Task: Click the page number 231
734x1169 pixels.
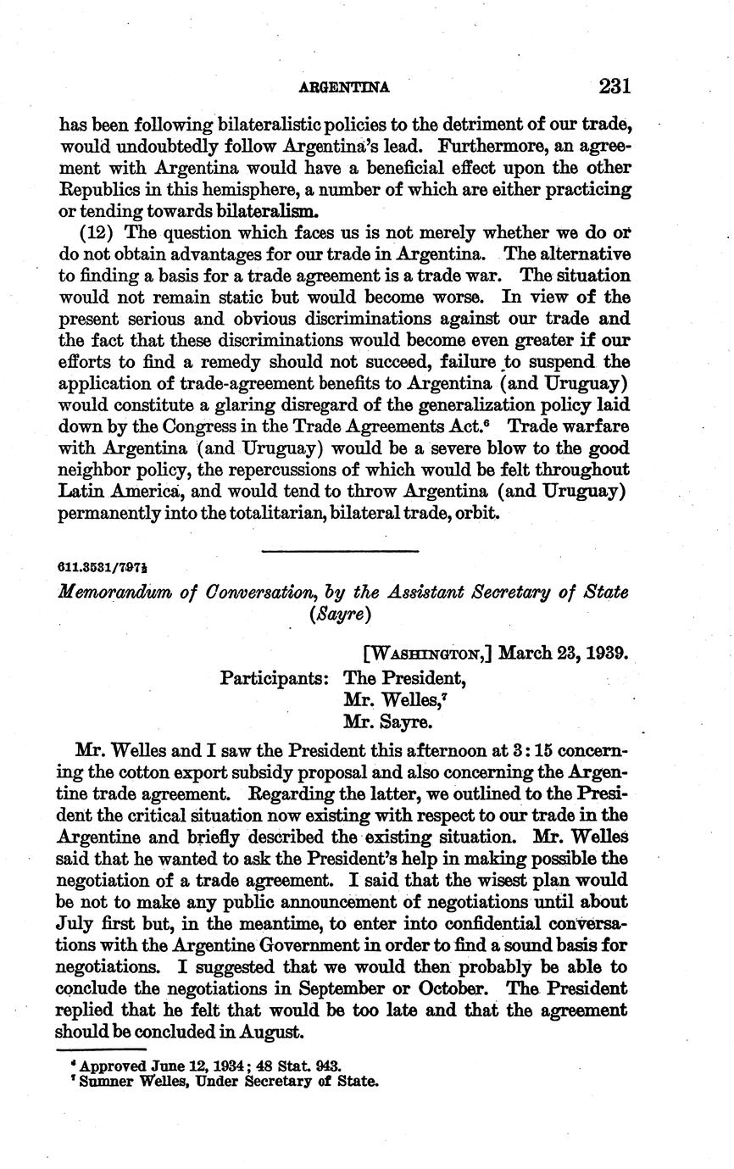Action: [614, 86]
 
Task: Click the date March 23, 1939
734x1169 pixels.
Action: [563, 654]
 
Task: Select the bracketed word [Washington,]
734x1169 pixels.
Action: [427, 654]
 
